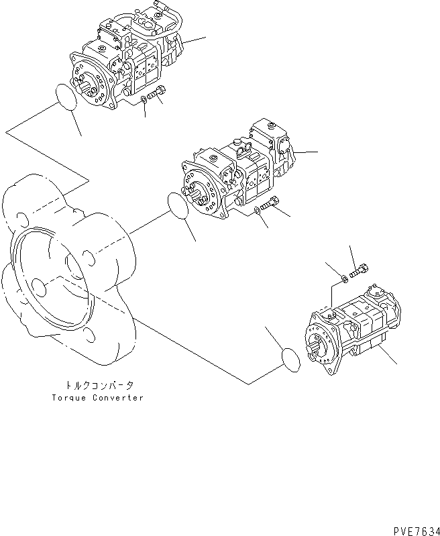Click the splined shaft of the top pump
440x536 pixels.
coord(87,84)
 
